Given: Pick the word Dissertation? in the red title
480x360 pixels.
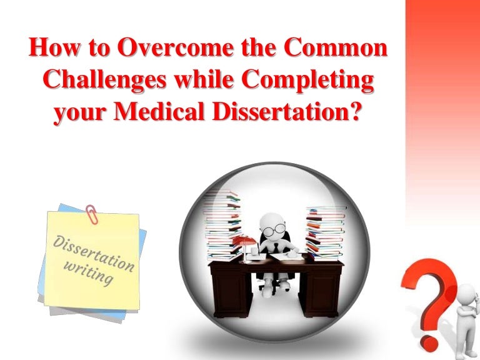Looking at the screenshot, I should (302, 114).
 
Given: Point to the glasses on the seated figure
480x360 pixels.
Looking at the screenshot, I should (272, 230).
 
